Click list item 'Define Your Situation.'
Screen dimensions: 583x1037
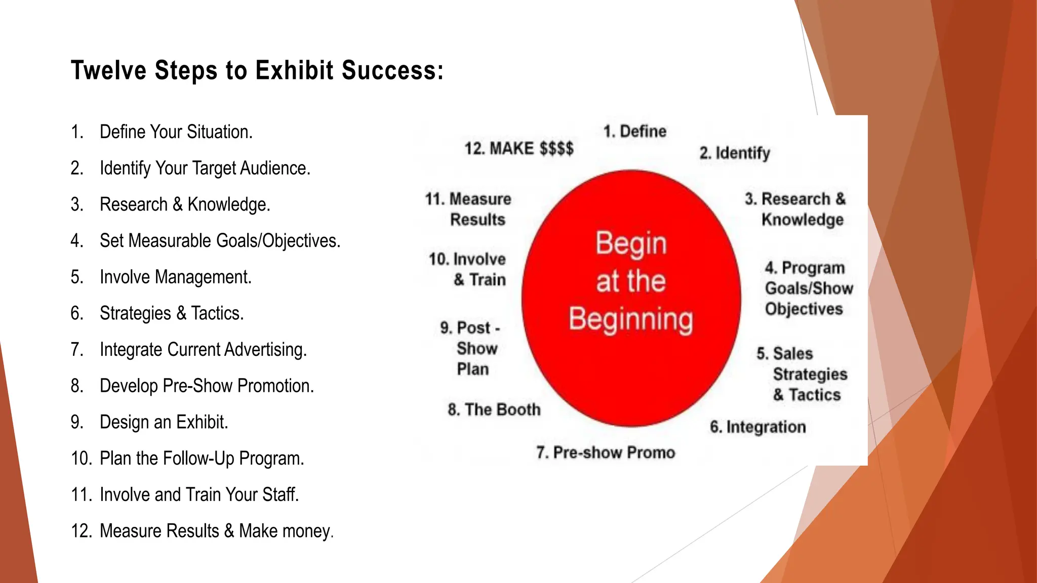176,132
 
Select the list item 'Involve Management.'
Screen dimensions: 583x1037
175,277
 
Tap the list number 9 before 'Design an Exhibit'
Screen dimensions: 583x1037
76,422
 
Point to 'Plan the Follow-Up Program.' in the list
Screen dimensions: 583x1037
202,459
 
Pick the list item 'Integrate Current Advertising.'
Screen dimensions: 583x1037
203,350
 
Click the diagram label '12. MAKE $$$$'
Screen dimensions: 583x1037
519,148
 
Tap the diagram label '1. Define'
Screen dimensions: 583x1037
634,132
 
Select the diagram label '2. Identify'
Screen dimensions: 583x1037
735,153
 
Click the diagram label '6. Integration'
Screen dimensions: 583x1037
757,427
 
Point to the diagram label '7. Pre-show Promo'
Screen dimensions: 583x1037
606,452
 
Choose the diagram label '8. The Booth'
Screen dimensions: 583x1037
494,409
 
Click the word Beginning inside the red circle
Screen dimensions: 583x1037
631,319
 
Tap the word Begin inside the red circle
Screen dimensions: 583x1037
631,243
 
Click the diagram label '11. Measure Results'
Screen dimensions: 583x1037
468,209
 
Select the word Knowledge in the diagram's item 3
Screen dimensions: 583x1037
803,220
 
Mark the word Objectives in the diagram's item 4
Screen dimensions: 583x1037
804,309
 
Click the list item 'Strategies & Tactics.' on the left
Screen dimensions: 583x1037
172,314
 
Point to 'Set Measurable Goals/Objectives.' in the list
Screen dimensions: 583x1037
220,241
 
